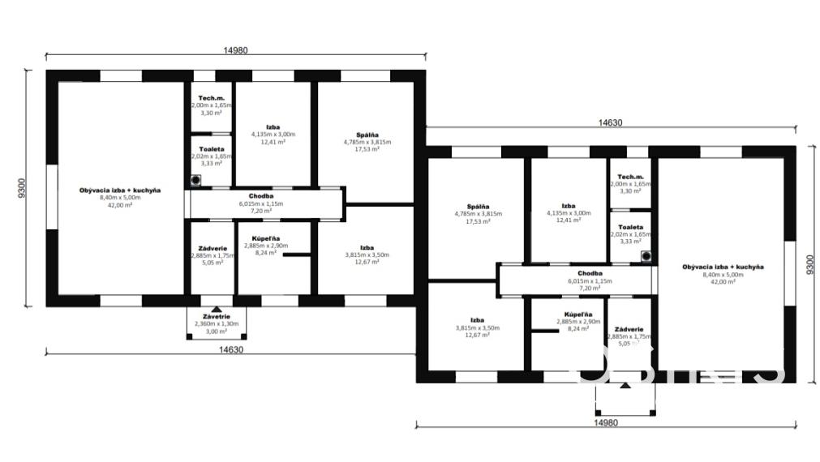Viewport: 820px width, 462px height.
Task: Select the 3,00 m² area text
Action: tap(215, 332)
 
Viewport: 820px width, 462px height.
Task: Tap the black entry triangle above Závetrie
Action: tap(216, 309)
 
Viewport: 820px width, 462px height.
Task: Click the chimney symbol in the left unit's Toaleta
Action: tap(195, 180)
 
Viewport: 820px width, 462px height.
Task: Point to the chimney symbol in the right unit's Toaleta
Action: tap(646, 256)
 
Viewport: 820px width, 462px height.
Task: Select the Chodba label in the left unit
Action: tap(261, 195)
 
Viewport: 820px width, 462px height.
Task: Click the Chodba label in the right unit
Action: tap(590, 273)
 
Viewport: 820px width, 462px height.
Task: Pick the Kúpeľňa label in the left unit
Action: tap(261, 237)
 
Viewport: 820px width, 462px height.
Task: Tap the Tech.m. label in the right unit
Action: tap(630, 177)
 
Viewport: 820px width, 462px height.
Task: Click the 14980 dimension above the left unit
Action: tap(235, 49)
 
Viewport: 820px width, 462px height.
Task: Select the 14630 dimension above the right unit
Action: tap(610, 122)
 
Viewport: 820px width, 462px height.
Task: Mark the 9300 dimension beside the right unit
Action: tap(809, 263)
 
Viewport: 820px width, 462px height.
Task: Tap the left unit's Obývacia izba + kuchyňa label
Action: tap(120, 190)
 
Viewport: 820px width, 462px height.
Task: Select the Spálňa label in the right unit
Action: tap(478, 206)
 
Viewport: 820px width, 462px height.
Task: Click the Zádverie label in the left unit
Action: tap(212, 248)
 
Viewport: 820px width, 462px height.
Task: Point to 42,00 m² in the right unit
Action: tap(723, 282)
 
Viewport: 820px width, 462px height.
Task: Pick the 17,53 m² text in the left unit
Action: tap(367, 149)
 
